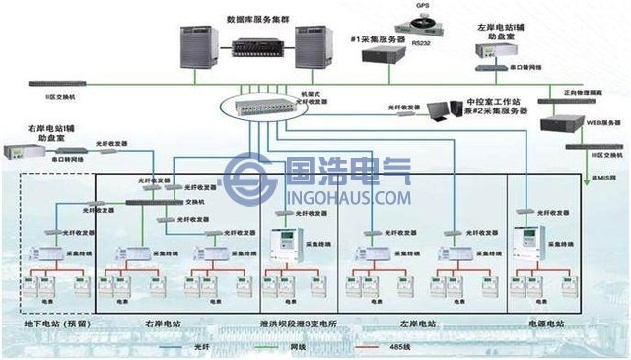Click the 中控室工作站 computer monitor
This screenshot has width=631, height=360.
tap(456, 110)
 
